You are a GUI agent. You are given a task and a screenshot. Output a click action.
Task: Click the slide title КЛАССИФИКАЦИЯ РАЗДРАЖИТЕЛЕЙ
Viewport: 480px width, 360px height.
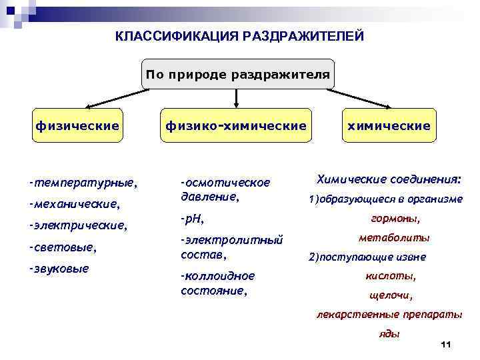[x=240, y=35]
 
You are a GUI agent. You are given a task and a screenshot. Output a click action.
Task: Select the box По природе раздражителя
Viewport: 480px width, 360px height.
[x=239, y=75]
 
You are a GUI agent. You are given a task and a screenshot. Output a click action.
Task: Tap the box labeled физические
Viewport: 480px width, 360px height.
[x=77, y=125]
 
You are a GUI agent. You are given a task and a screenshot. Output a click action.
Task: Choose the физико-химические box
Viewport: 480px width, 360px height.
[x=236, y=125]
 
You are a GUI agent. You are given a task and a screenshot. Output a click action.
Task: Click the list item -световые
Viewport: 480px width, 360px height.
[x=63, y=247]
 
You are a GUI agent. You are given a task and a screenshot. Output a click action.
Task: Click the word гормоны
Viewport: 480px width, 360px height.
[x=395, y=218]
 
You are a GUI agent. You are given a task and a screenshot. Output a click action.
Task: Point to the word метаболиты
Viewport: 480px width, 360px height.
[x=394, y=237]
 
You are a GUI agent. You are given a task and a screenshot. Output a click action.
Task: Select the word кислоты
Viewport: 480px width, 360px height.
[x=391, y=275]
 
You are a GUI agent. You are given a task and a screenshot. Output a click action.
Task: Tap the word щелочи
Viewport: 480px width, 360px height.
[x=391, y=295]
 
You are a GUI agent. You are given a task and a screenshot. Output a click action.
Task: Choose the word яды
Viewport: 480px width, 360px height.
[x=389, y=333]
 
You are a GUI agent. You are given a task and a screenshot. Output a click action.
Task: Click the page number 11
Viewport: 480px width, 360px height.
[x=446, y=344]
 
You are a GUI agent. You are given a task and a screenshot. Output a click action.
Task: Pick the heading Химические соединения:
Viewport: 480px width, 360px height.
[x=388, y=179]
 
